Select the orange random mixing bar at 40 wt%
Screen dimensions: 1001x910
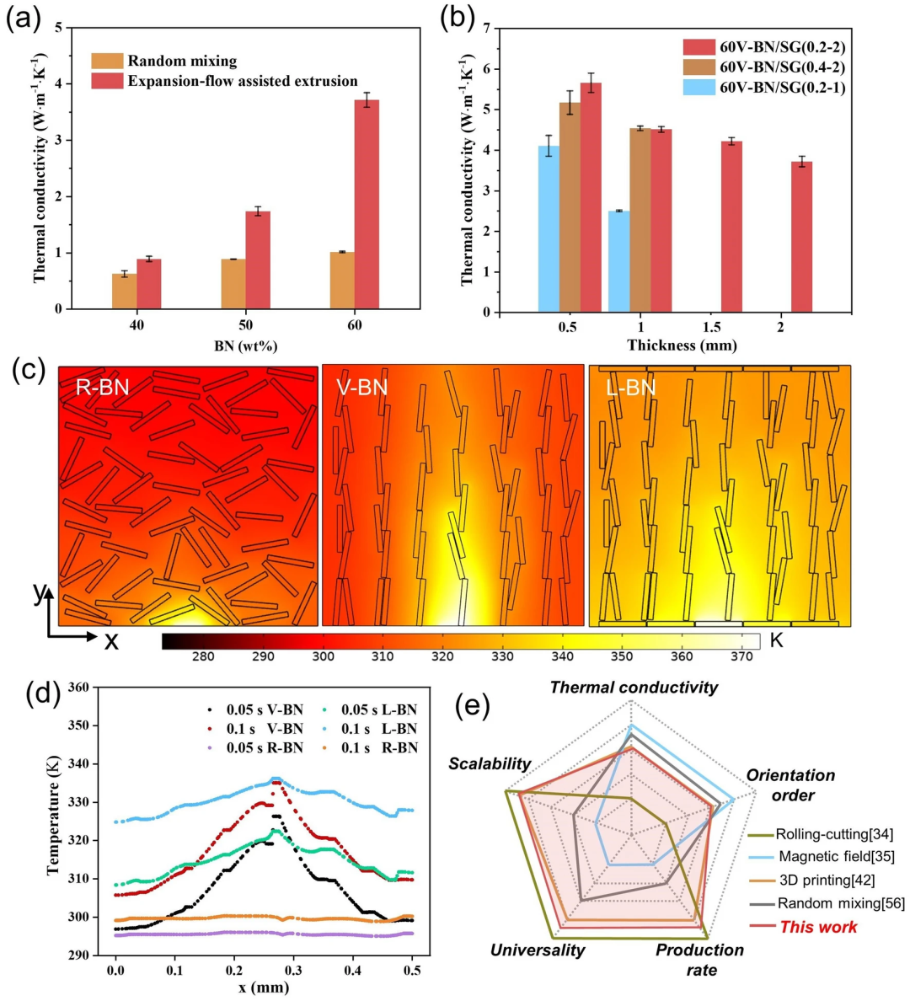point(124,291)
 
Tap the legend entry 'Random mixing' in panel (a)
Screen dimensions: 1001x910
point(182,62)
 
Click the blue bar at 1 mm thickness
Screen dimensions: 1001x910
point(618,261)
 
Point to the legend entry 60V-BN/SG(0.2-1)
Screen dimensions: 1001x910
point(782,88)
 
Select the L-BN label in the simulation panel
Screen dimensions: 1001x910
point(629,388)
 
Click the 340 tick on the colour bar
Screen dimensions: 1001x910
point(562,656)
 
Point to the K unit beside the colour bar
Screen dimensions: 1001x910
point(776,641)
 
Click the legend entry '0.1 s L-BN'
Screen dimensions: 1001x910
point(378,729)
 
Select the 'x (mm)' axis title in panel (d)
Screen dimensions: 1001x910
point(263,987)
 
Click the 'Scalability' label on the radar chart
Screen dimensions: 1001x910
point(490,764)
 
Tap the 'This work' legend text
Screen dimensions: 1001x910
point(818,927)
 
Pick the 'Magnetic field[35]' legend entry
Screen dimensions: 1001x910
point(836,857)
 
